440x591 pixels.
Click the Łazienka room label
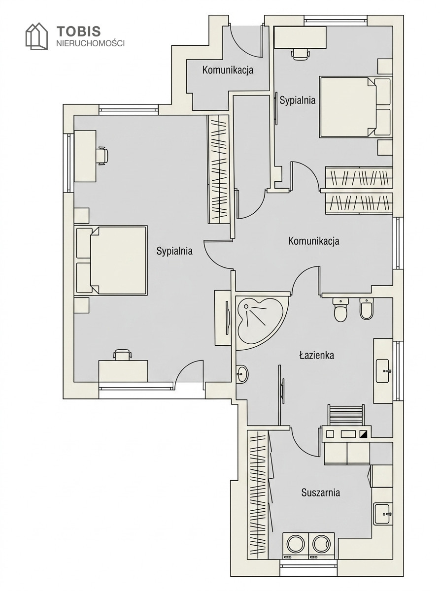pos(316,356)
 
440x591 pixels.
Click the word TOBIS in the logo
pos(78,32)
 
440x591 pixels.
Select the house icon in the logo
pos(36,36)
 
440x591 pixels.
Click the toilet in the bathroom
pos(340,310)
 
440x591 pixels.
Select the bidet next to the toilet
pos(367,309)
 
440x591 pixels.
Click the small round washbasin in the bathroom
pos(242,374)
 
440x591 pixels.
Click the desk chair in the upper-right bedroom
pos(301,54)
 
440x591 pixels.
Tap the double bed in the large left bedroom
pos(111,261)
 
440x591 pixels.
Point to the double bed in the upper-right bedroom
pos(355,107)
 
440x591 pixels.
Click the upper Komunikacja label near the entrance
pos(228,70)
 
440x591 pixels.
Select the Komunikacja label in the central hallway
pos(313,241)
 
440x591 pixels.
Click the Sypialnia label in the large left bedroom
pos(174,251)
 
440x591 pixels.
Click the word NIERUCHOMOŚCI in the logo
pos(90,43)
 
